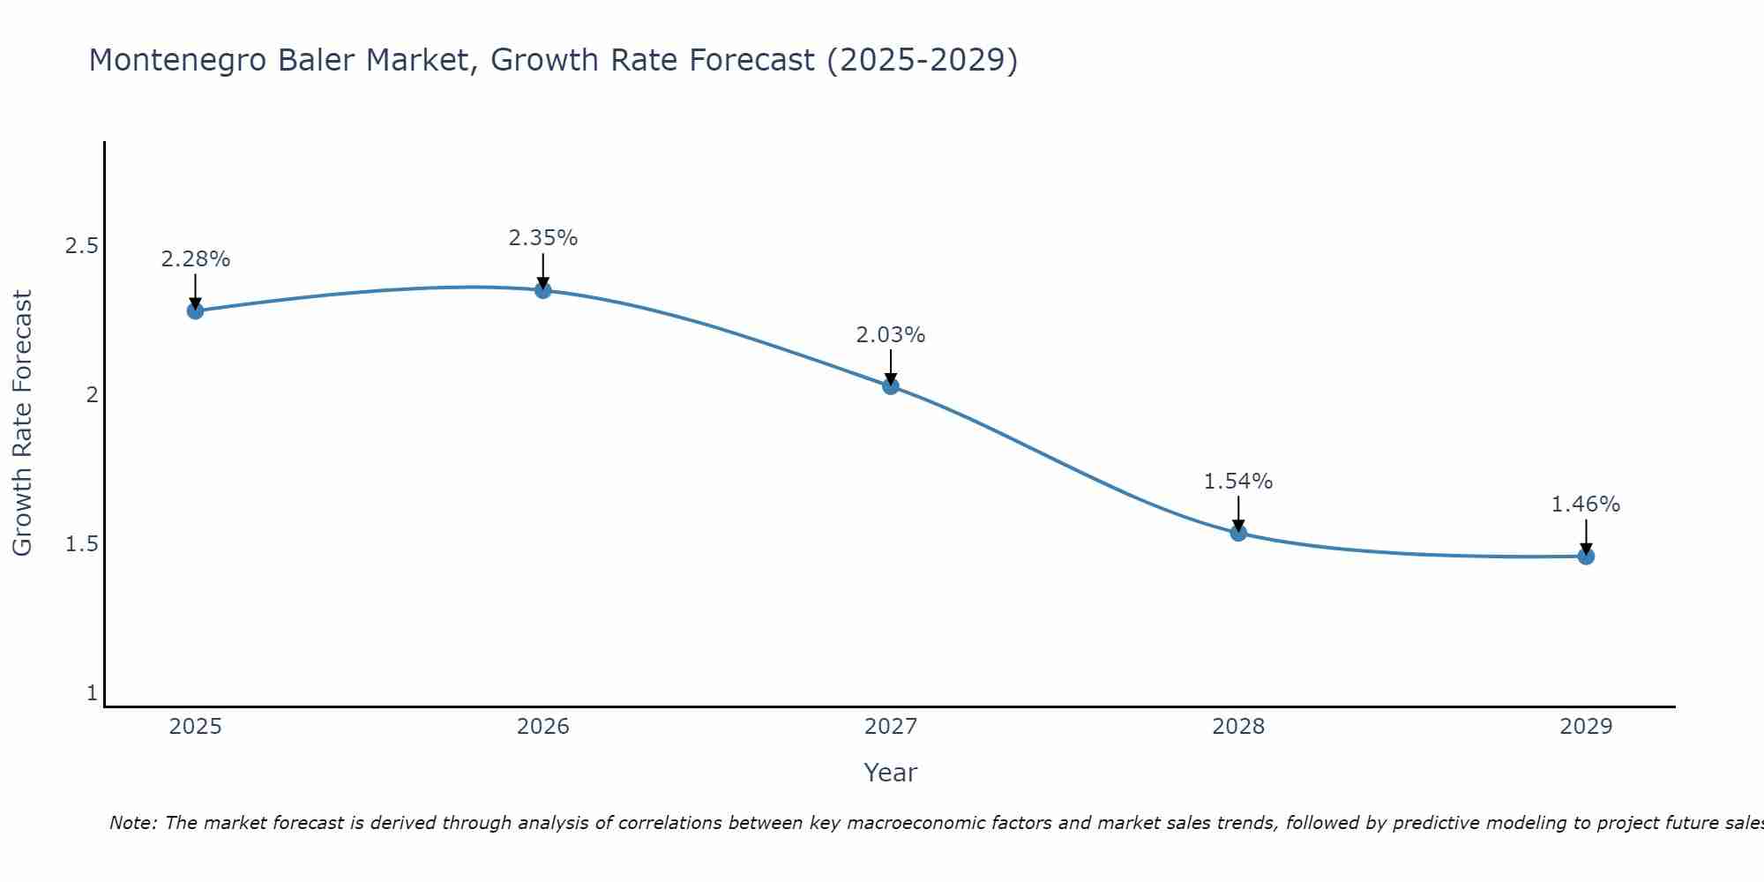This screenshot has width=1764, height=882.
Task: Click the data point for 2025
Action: pyautogui.click(x=195, y=310)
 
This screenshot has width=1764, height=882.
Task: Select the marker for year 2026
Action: pyautogui.click(x=543, y=290)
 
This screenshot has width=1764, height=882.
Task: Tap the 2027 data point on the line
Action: pyautogui.click(x=891, y=385)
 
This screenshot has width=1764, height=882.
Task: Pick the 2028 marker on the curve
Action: pyautogui.click(x=1238, y=532)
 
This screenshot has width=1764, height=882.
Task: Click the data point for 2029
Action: pyautogui.click(x=1586, y=556)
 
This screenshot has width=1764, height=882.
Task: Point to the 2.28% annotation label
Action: pyautogui.click(x=195, y=259)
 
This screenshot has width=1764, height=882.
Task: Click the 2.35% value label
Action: pyautogui.click(x=543, y=238)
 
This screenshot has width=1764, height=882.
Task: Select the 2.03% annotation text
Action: pyautogui.click(x=891, y=335)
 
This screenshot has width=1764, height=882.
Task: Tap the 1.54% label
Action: pyautogui.click(x=1238, y=482)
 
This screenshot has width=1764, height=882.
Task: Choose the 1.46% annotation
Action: pyautogui.click(x=1586, y=505)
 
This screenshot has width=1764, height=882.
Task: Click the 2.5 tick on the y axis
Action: pyautogui.click(x=81, y=245)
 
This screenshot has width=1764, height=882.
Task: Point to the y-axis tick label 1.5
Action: pyautogui.click(x=81, y=544)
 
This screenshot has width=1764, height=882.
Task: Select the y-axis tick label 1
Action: pyautogui.click(x=92, y=693)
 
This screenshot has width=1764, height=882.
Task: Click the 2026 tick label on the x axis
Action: pyautogui.click(x=543, y=727)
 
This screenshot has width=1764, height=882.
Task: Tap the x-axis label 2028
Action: pyautogui.click(x=1238, y=727)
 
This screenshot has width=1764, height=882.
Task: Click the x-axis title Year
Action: pyautogui.click(x=891, y=773)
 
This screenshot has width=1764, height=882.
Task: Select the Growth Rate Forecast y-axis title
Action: pyautogui.click(x=22, y=423)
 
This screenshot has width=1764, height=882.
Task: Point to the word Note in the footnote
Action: pyautogui.click(x=132, y=823)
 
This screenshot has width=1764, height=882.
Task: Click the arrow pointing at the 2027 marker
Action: pyautogui.click(x=891, y=366)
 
